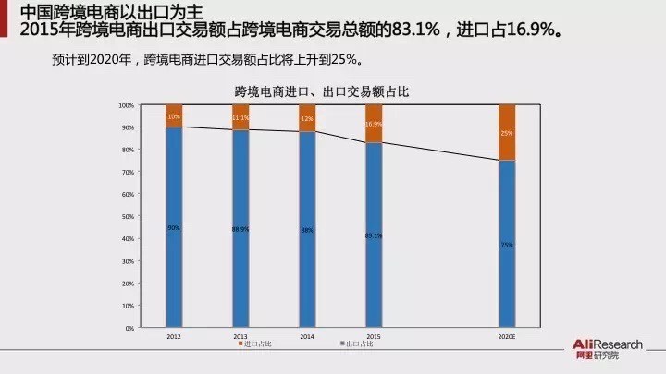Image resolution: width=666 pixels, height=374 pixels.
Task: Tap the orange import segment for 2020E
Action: pos(506,132)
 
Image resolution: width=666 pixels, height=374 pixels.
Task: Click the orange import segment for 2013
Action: pos(240,117)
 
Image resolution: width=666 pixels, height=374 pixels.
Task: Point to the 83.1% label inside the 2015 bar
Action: pos(374,235)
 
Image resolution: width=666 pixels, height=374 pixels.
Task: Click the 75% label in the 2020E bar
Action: pos(507,245)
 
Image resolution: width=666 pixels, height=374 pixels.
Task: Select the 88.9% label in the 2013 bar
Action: pos(240,229)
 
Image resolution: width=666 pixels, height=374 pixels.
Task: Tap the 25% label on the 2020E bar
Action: pos(507,133)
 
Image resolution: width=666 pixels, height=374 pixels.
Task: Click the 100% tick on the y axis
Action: pos(127,105)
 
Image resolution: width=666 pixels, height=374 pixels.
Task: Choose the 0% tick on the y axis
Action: pos(129,328)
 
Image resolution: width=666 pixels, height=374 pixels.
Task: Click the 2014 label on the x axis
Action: pos(307,336)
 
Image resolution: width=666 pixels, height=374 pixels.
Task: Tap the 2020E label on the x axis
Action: pos(507,336)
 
